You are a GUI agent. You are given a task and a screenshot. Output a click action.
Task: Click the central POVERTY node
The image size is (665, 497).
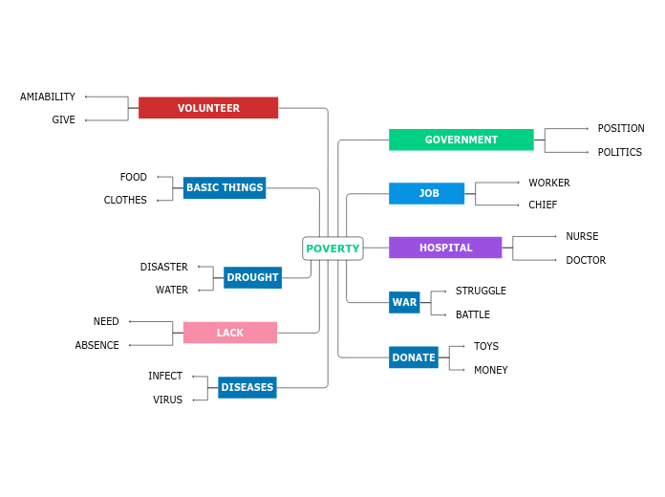point(332,248)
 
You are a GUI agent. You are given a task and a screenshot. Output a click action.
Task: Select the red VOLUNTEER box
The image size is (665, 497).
point(208,108)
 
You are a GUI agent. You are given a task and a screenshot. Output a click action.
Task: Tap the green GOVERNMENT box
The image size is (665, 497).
point(461,140)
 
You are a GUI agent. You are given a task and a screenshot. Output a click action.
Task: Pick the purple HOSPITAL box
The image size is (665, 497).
point(445,248)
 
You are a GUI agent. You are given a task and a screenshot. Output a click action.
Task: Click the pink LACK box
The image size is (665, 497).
point(229,333)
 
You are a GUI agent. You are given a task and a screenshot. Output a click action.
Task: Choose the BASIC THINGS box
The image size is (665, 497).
point(225,187)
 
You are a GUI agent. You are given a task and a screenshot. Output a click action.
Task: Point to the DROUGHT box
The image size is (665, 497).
point(252,278)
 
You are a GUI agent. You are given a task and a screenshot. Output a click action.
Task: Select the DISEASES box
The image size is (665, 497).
point(247,387)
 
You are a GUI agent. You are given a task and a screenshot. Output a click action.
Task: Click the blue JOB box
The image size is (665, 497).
point(426,193)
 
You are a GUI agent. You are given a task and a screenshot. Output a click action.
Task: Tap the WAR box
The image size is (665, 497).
point(404,302)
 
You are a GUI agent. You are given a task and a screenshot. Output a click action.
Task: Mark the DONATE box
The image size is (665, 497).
point(414,357)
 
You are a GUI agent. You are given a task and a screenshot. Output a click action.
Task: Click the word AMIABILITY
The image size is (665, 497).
point(48,97)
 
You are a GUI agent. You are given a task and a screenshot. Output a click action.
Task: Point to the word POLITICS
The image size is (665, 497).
point(620,152)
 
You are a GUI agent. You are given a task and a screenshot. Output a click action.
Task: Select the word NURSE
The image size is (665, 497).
point(582,236)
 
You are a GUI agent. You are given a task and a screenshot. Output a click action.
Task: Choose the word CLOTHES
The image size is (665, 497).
point(125,200)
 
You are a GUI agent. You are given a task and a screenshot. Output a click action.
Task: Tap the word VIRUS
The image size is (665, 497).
point(167,400)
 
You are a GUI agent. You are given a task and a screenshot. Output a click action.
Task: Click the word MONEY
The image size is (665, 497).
point(491,370)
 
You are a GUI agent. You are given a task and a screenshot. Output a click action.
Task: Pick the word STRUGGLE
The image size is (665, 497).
point(481,291)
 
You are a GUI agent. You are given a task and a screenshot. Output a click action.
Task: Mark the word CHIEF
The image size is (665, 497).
point(543,205)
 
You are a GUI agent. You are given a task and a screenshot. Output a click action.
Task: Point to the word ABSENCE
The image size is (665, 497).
point(97,345)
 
